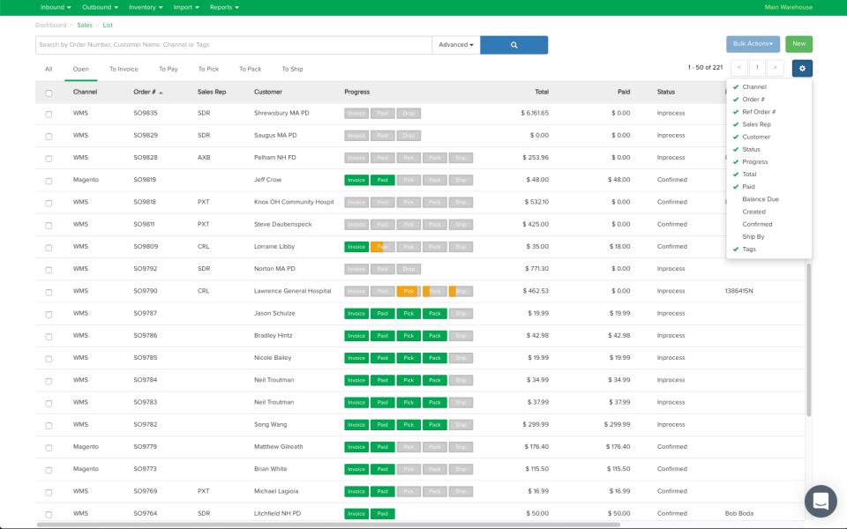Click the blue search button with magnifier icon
[x=513, y=45]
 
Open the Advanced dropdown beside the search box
[x=456, y=45]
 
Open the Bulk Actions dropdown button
[x=753, y=44]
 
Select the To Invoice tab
[x=124, y=69]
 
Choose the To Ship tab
[x=292, y=69]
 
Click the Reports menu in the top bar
[x=224, y=7]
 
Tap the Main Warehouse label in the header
[x=788, y=7]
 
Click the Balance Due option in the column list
[x=761, y=199]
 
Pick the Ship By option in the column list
[x=754, y=236]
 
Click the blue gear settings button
[x=802, y=68]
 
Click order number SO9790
[x=146, y=291]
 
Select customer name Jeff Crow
[x=268, y=180]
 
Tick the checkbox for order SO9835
[x=49, y=114]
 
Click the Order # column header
[x=146, y=92]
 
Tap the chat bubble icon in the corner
[x=821, y=501]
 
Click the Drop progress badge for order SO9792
[x=408, y=269]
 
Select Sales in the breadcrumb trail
[x=85, y=26]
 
